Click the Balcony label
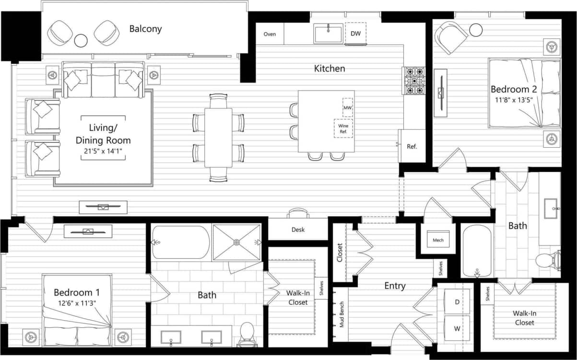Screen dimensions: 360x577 coord(145,29)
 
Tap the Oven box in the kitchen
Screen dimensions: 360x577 coord(270,34)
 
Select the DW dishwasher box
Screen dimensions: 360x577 coord(355,34)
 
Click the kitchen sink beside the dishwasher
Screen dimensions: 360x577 coord(329,34)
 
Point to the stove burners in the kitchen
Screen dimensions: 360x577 coord(413,81)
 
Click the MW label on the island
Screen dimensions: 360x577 coord(347,107)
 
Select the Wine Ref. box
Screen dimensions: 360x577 coord(343,128)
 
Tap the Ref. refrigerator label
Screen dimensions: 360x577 coord(412,146)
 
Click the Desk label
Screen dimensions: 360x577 coord(298,230)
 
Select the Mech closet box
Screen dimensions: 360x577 coord(437,240)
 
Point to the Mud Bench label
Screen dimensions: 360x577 coord(341,314)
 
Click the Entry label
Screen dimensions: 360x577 coord(395,286)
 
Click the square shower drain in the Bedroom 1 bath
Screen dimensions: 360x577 coord(236,243)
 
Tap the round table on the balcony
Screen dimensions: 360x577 coord(81,40)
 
